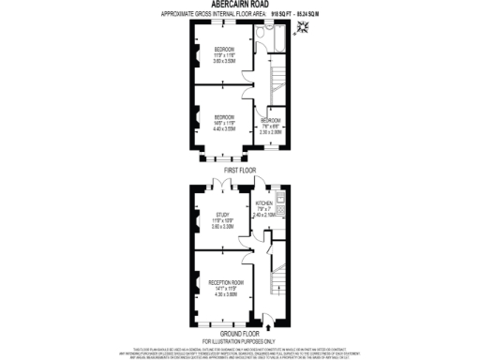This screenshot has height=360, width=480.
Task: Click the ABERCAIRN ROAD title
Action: [x=239, y=6]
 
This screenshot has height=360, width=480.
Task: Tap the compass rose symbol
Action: [x=302, y=30]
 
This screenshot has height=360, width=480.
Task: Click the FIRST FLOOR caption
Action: [x=239, y=170]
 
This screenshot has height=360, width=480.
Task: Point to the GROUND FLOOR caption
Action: [x=239, y=333]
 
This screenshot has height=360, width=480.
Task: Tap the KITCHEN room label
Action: [x=264, y=202]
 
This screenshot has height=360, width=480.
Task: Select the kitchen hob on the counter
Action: [x=288, y=222]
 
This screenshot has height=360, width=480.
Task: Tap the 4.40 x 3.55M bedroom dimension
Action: [x=223, y=128]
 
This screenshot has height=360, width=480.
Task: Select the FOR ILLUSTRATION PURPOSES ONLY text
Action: [x=239, y=339]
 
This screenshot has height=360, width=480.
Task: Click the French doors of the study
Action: [x=222, y=183]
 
